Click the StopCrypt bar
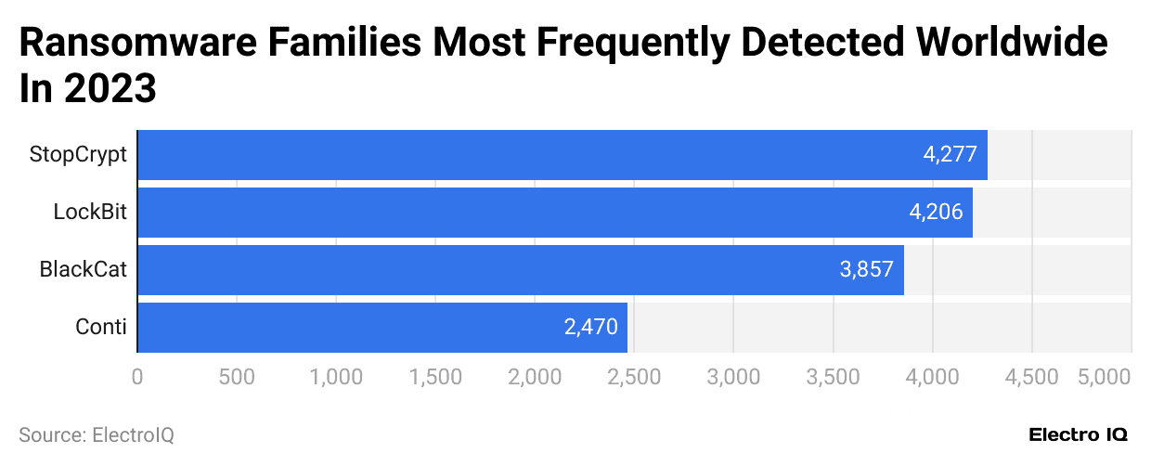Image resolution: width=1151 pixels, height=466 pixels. coord(563,154)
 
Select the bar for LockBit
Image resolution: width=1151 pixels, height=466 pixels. coord(555,213)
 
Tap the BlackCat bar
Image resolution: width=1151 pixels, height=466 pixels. coord(521,270)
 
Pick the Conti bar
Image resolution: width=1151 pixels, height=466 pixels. coord(382,328)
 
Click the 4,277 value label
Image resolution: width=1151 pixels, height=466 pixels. coord(950,154)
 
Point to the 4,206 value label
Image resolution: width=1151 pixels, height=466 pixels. coord(936,213)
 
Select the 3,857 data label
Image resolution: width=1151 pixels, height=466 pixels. coord(866,270)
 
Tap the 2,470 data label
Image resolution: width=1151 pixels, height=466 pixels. coord(590,328)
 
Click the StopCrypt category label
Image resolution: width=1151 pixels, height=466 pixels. coord(78,154)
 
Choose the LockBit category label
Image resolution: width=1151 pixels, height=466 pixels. coord(89,213)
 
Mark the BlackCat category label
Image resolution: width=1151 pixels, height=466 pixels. coord(83,270)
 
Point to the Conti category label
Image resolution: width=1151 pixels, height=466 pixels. coord(101,328)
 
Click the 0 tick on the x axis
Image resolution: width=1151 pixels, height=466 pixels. coord(137,377)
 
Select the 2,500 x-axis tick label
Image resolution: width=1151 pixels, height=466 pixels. coord(634,377)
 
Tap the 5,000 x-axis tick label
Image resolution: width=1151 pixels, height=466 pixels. coord(1105,377)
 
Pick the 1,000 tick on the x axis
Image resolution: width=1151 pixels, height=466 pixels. coord(336,377)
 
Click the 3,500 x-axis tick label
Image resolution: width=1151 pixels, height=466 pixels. coord(833,377)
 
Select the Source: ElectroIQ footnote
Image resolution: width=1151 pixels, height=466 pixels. coord(96,434)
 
